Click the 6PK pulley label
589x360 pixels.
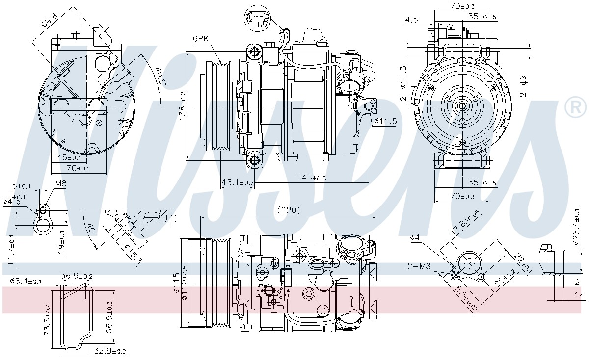[200, 39]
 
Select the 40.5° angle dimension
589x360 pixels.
[161, 76]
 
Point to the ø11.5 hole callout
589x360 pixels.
[385, 121]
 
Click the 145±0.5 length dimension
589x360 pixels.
[311, 178]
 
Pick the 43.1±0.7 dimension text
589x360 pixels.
[238, 182]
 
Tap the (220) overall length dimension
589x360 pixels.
[289, 210]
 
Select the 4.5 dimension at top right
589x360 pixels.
[411, 20]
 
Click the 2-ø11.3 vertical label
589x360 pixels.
[403, 83]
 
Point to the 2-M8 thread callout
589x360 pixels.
[419, 266]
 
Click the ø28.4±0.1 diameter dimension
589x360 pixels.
[577, 227]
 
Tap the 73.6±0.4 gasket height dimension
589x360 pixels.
[47, 319]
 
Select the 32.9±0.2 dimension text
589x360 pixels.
[110, 351]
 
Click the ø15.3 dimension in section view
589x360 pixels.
[133, 254]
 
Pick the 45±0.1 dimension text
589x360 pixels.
[69, 157]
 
